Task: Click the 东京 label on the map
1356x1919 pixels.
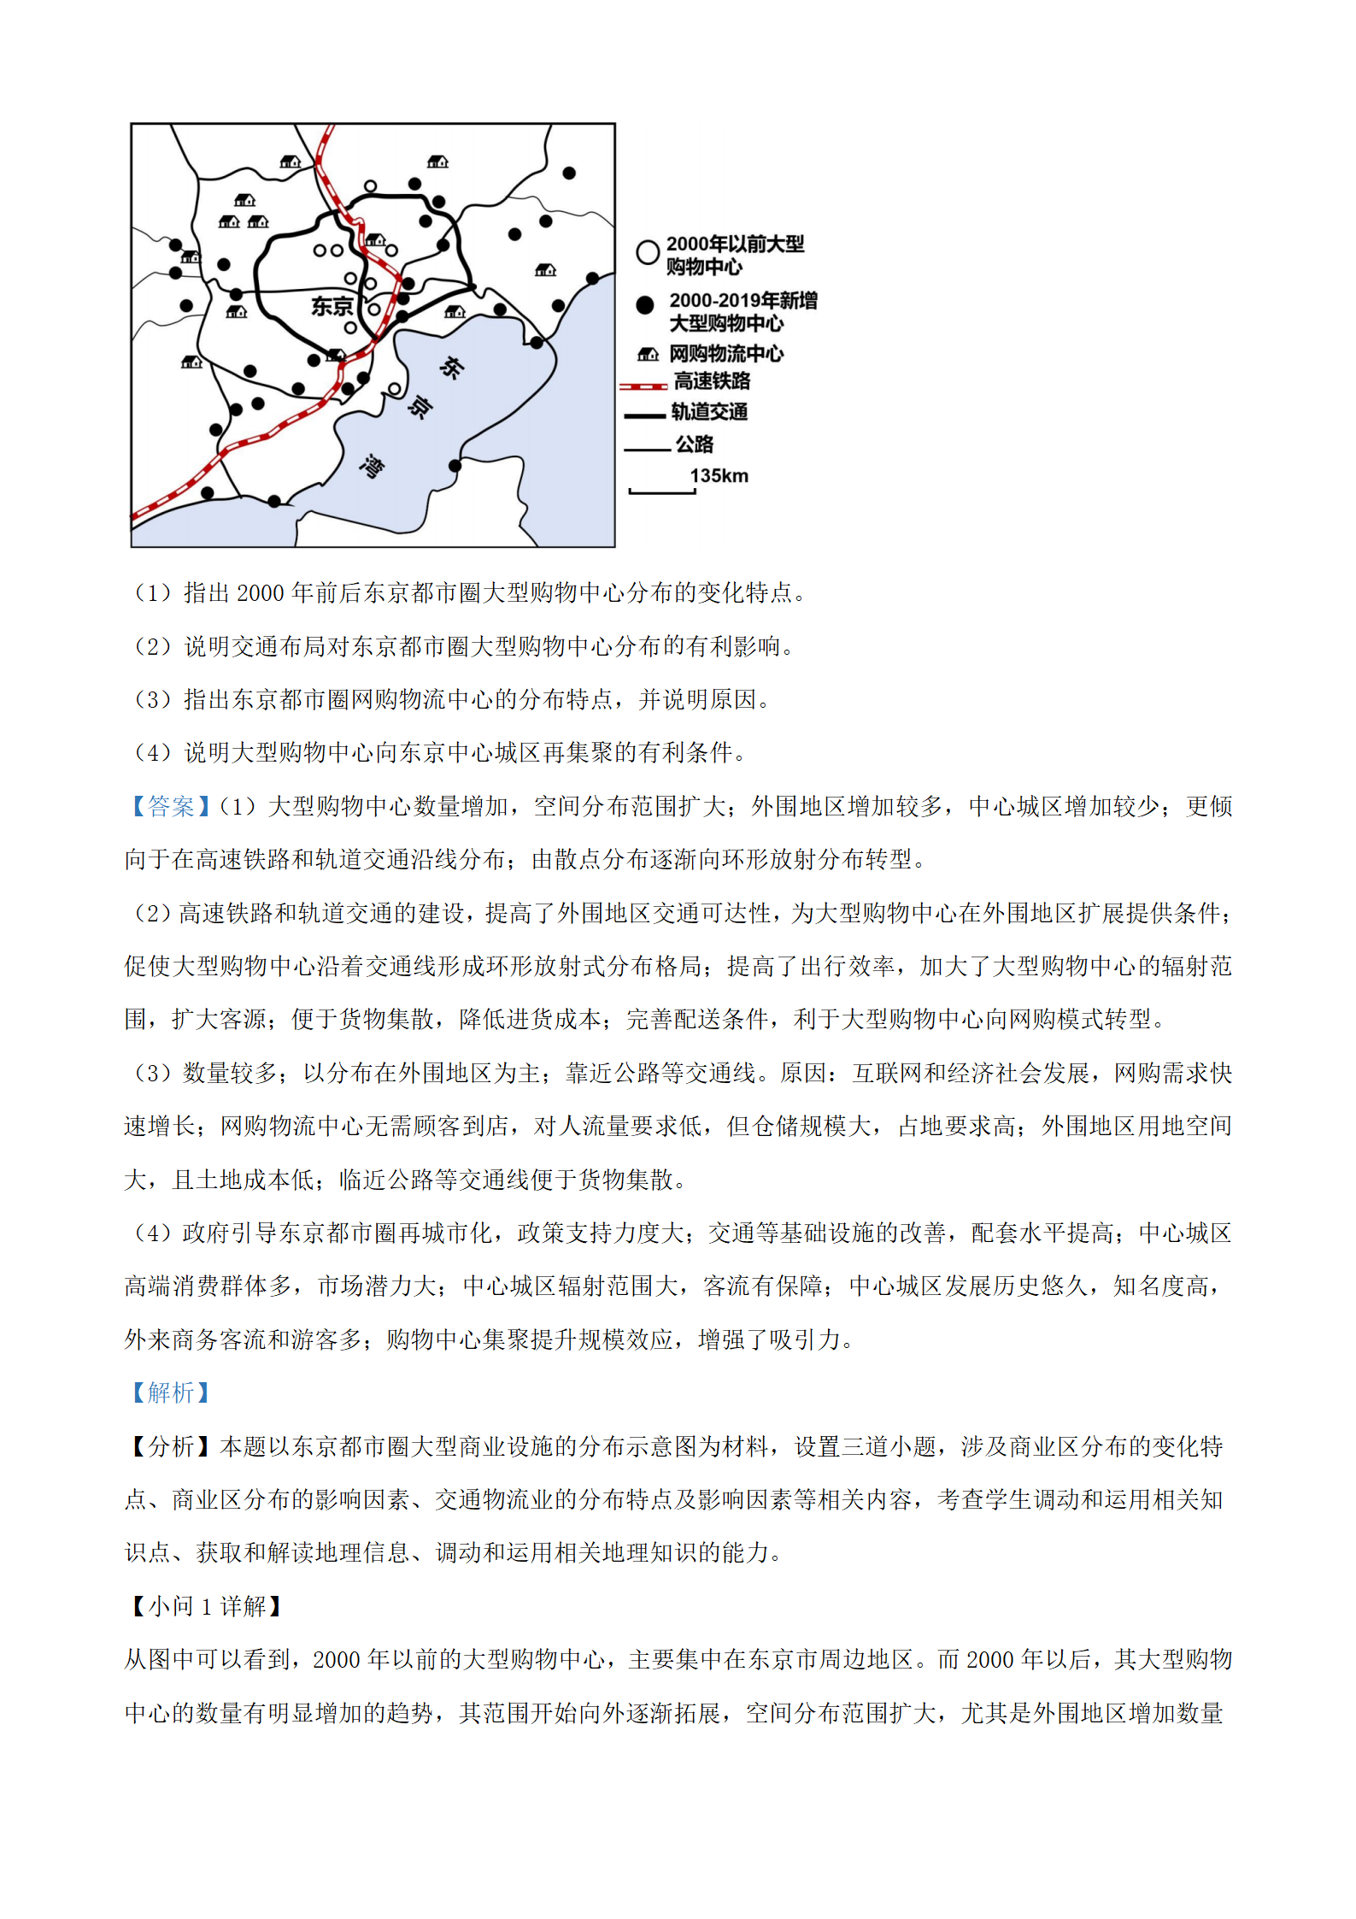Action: (332, 306)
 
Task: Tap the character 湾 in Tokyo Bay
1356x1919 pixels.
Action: (372, 466)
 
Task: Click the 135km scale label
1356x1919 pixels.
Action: (719, 476)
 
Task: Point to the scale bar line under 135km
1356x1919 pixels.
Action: (662, 492)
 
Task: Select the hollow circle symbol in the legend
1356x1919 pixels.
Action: (647, 251)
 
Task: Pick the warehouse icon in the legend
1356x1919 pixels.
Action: (648, 354)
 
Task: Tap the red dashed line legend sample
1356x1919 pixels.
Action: (643, 386)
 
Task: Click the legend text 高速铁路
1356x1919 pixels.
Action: (712, 381)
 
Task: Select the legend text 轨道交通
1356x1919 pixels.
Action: (709, 412)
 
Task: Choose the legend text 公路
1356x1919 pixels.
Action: (694, 444)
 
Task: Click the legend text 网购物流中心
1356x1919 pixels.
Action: (725, 353)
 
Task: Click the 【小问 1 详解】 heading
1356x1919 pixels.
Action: (206, 1606)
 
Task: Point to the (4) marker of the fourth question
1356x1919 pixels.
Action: (153, 753)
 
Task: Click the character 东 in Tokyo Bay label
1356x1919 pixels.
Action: (451, 368)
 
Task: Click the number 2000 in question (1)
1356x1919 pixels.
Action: (260, 593)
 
